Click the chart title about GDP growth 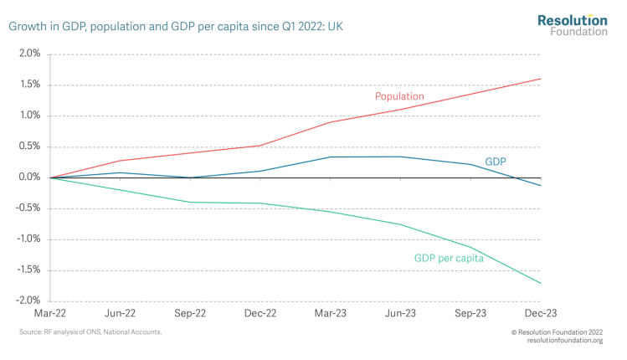click(x=176, y=27)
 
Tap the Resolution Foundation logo click(x=572, y=24)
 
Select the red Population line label click(x=399, y=96)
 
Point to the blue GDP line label click(x=496, y=161)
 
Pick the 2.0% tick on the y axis click(x=28, y=54)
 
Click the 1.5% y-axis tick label click(x=28, y=85)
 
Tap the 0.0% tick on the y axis click(x=28, y=177)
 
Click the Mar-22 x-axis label click(x=50, y=313)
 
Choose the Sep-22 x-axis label click(x=190, y=313)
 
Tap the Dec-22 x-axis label click(x=260, y=313)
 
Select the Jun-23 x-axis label click(x=400, y=313)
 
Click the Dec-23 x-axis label click(x=540, y=313)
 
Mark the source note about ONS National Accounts click(x=90, y=332)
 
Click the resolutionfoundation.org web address click(x=567, y=341)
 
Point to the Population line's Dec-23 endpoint click(x=541, y=79)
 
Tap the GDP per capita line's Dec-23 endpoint click(x=541, y=284)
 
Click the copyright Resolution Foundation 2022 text click(x=556, y=332)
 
